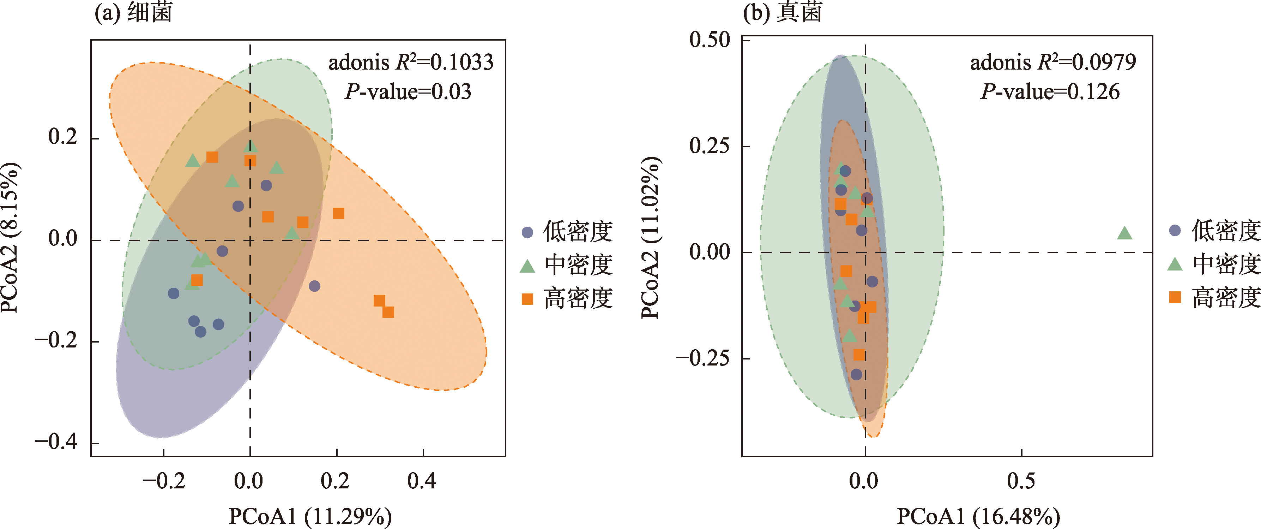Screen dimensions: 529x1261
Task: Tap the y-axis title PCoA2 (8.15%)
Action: (11, 238)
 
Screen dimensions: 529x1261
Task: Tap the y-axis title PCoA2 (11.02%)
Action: (651, 238)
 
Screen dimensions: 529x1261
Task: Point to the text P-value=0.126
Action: (1050, 91)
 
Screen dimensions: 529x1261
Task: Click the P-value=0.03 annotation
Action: (408, 91)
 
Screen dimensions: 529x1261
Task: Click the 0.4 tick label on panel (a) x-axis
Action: (422, 481)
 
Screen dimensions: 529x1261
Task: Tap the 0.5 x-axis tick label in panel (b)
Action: (1021, 481)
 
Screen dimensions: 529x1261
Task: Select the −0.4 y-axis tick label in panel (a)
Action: (56, 442)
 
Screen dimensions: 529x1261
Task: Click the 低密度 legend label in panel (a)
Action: (578, 231)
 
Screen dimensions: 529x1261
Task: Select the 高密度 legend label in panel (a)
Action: (578, 298)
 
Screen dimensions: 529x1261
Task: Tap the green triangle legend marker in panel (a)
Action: (527, 266)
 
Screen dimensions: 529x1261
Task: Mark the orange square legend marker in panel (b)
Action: (1175, 297)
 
